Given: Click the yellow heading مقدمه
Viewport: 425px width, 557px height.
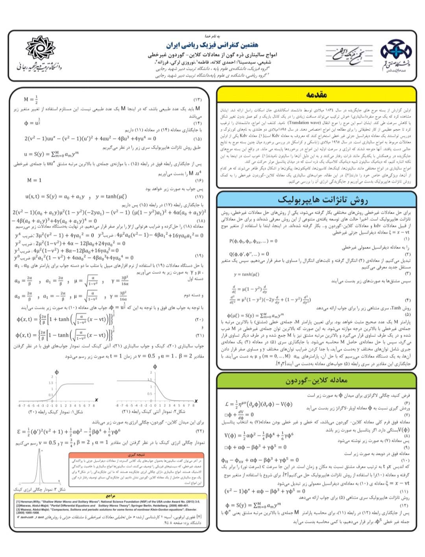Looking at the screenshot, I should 316,95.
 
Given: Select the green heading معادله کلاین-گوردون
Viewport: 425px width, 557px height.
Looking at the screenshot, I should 316,381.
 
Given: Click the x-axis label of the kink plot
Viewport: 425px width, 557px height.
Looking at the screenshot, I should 96,400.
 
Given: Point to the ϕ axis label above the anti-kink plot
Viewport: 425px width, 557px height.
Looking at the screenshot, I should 155,367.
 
